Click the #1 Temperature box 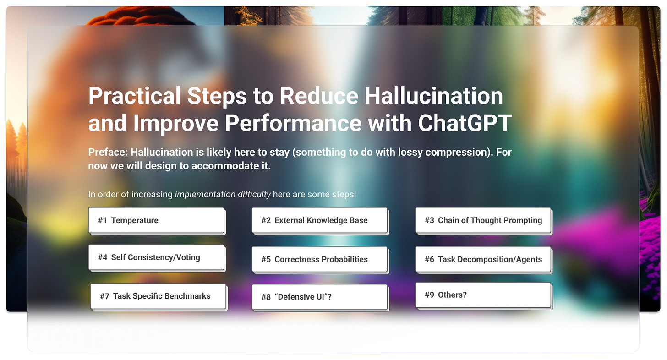[x=156, y=220]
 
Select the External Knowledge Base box [x=320, y=220]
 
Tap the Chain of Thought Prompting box [x=483, y=220]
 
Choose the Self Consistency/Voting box [x=156, y=257]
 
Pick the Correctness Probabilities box [x=320, y=259]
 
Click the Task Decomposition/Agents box [x=483, y=259]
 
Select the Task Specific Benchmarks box [x=158, y=296]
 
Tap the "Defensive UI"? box [x=320, y=297]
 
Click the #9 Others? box [x=483, y=295]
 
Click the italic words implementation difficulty [x=223, y=194]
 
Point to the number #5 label [x=266, y=259]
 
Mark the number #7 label [x=104, y=296]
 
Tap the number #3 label [x=429, y=220]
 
